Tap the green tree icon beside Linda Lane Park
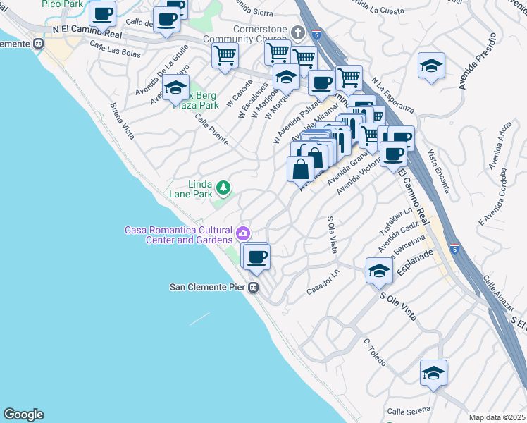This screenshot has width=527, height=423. pyautogui.click(x=223, y=187)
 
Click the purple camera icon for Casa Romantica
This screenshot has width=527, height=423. pyautogui.click(x=243, y=233)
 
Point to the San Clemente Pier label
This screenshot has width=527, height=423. pyautogui.click(x=208, y=287)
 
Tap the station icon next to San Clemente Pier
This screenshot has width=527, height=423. pyautogui.click(x=254, y=287)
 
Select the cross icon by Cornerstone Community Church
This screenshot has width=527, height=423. pyautogui.click(x=298, y=32)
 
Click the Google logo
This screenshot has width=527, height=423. pyautogui.click(x=23, y=415)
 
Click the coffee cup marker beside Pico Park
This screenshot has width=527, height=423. pyautogui.click(x=102, y=13)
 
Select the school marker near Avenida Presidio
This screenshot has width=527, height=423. pyautogui.click(x=431, y=66)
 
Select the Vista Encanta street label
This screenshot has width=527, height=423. pyautogui.click(x=440, y=173)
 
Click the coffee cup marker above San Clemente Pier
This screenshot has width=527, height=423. pyautogui.click(x=259, y=256)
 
